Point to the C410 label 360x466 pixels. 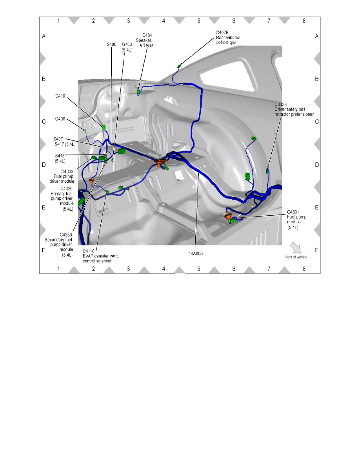coord(61,95)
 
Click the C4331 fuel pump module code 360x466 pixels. coord(294,212)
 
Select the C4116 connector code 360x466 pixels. coord(90,251)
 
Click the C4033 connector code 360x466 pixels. coord(67,171)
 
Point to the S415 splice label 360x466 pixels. coord(60,156)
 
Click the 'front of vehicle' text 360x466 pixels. coord(296,257)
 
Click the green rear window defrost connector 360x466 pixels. coord(180,66)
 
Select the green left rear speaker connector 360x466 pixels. coord(138,92)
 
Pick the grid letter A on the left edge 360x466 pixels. coord(44,36)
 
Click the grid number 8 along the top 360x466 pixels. coord(304,21)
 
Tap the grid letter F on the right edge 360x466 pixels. coord(316,250)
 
